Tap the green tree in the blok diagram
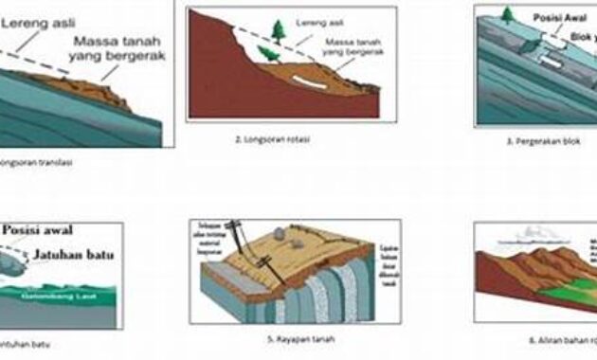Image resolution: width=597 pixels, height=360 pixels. point(509,14)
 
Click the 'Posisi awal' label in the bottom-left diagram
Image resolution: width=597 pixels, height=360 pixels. point(38,229)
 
